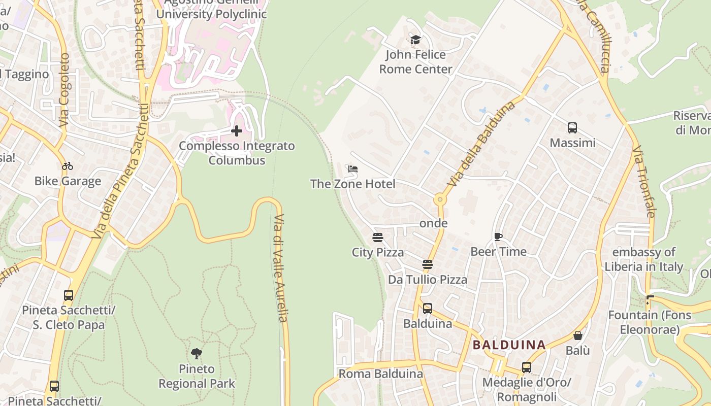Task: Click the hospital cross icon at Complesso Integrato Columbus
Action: (x=237, y=131)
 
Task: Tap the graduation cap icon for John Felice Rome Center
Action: (x=415, y=40)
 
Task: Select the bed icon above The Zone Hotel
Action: (x=353, y=168)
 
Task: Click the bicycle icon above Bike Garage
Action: (x=68, y=165)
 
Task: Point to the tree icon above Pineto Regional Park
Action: (x=197, y=353)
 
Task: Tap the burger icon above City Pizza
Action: (x=377, y=237)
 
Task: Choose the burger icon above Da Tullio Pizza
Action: (x=428, y=264)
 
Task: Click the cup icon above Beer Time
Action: (x=498, y=236)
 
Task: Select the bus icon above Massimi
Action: (x=572, y=127)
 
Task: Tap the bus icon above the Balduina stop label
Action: (x=428, y=308)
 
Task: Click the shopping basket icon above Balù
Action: (x=578, y=335)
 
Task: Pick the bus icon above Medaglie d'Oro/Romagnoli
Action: (x=527, y=367)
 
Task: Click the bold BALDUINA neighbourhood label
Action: (x=509, y=345)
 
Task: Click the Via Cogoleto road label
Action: (x=64, y=90)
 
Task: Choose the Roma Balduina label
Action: (x=380, y=374)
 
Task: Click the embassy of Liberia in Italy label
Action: (x=644, y=259)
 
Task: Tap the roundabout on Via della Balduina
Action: (x=440, y=200)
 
